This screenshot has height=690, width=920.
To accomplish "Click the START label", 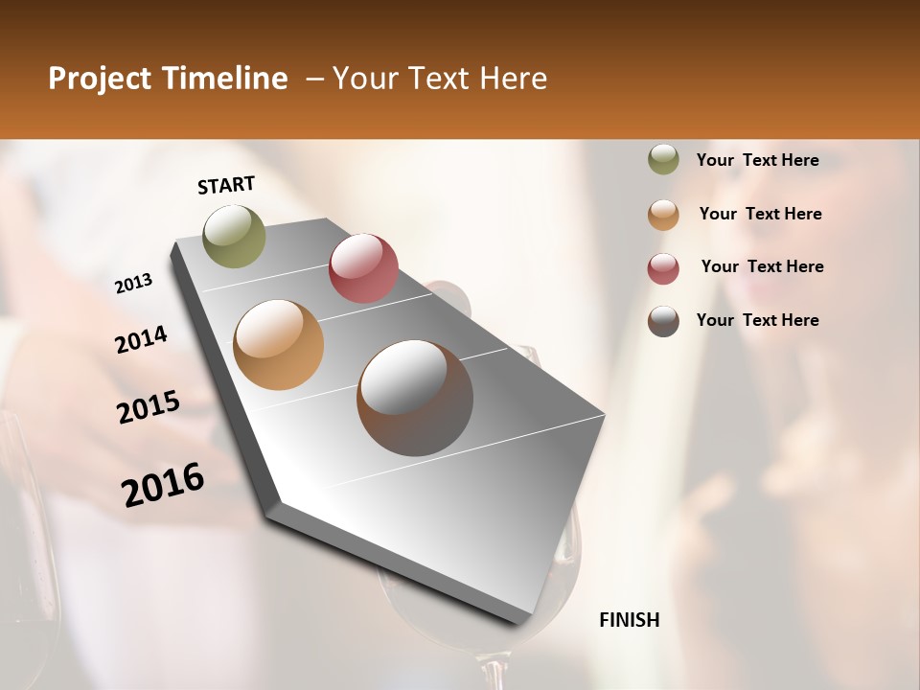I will point(226,185).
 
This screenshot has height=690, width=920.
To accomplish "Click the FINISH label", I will point(629,620).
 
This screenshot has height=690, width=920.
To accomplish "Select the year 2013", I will point(133,284).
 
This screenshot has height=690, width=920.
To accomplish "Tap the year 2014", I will point(141,339).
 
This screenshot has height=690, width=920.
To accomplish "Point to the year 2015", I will point(149,407).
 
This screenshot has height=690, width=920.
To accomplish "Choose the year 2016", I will point(163,485).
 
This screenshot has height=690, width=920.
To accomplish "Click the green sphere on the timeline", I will point(234,236).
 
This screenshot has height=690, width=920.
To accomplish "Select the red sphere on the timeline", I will point(363,267).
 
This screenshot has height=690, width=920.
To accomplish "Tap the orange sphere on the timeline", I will point(279,344).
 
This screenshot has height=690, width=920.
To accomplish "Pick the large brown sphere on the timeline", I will point(415,398).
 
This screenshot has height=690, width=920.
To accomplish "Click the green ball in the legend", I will point(663,160).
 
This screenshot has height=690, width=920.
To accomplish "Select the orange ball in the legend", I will point(663,215).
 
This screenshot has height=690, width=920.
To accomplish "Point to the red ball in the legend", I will point(663,268).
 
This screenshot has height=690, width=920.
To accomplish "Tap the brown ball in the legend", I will point(663,321).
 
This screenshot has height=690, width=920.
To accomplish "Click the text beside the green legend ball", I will point(757,160).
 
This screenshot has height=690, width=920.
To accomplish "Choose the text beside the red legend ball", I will point(762,266).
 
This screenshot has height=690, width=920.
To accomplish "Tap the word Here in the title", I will point(513,79).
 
